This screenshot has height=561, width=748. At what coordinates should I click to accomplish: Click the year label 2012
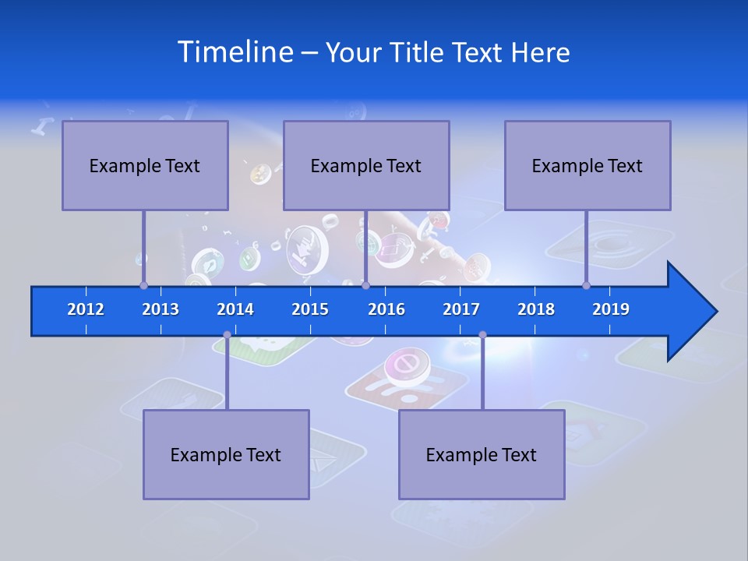coord(86,309)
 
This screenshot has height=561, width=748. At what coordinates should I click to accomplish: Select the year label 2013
coord(161,309)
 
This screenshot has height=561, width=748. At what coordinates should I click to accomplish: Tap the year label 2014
coord(235,309)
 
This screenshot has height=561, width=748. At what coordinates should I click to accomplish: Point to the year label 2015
coord(310,309)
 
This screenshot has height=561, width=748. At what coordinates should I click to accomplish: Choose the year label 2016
coord(386,309)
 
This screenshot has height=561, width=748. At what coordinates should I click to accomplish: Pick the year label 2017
coord(461,309)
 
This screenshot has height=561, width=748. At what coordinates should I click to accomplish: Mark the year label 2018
coord(536,309)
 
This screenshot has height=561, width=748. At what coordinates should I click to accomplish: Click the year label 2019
coord(611,309)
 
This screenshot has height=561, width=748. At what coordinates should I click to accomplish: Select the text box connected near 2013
coord(145,165)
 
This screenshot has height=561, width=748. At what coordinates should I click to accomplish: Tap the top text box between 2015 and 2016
coord(366,165)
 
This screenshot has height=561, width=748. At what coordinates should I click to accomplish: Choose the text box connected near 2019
coord(587,165)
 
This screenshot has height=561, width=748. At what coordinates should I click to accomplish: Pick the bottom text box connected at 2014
coord(226,454)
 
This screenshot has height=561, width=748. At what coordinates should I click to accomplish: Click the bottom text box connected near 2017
coord(482,454)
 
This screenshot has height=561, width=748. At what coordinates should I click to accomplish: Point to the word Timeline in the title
coord(235,52)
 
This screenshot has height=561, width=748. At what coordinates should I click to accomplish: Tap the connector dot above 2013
coord(143,285)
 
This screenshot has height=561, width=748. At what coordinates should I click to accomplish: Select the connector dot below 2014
coord(227,335)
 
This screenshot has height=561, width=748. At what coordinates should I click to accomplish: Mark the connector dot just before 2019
coord(587,285)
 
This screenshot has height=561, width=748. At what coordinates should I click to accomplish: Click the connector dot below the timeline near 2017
coord(482,335)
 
